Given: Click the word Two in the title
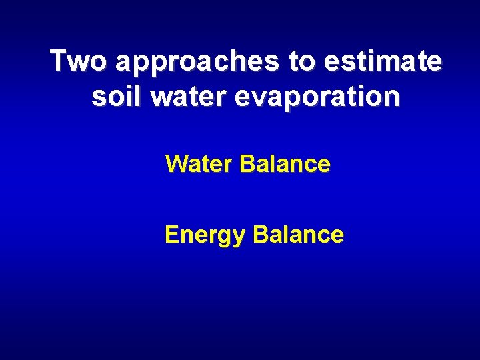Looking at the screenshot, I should [x=78, y=61].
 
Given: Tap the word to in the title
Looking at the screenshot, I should [x=302, y=62].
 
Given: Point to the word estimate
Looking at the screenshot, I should [x=383, y=62].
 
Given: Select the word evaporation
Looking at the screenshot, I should [x=317, y=98].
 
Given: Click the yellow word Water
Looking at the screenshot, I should [x=199, y=164].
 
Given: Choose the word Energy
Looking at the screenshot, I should [x=205, y=235].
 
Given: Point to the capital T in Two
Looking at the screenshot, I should [x=59, y=61].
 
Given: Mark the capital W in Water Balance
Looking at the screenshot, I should [x=176, y=164].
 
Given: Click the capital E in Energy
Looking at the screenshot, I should [x=171, y=235].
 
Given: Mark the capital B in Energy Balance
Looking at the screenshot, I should [x=261, y=235].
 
